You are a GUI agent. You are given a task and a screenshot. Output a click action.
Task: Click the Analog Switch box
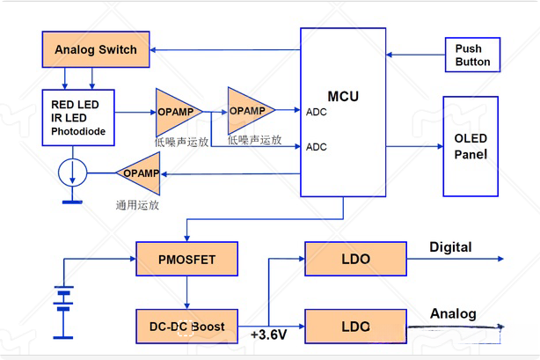96,49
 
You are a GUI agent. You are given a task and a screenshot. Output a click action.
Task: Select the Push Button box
473,55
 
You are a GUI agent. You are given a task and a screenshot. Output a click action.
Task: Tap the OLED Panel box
471,147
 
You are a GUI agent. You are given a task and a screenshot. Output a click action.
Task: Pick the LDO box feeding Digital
355,260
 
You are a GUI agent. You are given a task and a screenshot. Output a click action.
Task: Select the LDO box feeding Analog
355,326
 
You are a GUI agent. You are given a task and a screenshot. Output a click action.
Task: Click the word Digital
450,247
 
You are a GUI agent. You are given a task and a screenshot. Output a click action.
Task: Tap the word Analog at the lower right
453,313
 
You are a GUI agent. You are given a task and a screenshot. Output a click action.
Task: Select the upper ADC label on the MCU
317,113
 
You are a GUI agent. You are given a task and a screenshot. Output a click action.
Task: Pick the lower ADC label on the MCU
317,147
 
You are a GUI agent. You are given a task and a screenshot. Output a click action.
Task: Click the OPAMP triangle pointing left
141,173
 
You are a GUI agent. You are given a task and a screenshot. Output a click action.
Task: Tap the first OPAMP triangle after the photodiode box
178,111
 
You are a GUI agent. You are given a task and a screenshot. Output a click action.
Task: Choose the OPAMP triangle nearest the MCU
249,110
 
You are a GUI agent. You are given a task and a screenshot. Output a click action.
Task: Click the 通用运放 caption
138,204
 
